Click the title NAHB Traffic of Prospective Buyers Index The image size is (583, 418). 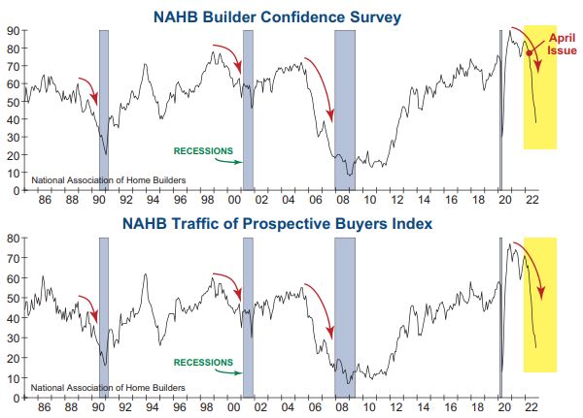pos(291,224)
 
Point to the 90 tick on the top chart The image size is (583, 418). pos(16,30)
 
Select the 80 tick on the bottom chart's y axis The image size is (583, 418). pos(16,238)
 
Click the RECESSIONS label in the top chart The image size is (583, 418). pos(203,151)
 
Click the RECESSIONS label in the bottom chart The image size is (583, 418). pos(203,362)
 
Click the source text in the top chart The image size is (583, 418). pos(95,180)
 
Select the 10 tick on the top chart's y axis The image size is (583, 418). pos(16,173)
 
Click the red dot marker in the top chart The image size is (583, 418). pos(529,54)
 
